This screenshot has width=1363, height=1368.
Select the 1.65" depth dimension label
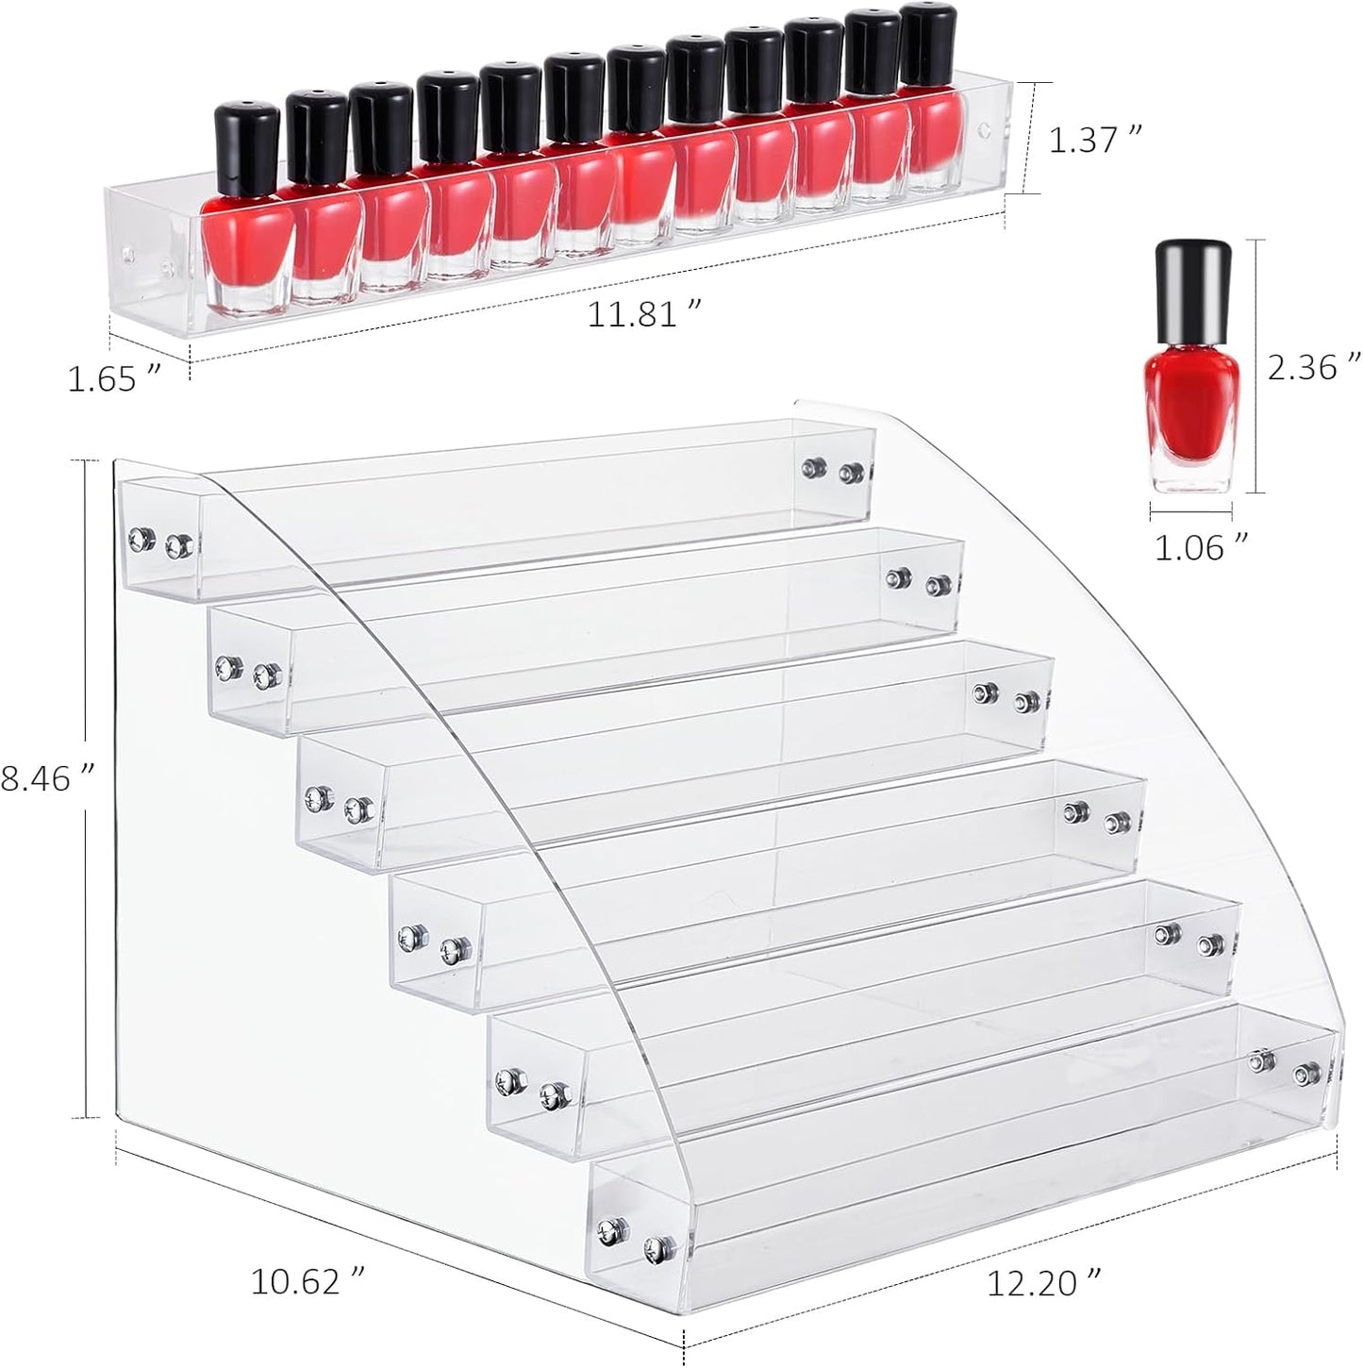coord(110,378)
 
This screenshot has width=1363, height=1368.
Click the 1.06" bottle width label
coord(1202,547)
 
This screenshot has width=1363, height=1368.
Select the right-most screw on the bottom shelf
coord(1305,1073)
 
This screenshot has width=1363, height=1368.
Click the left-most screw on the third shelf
coord(315,800)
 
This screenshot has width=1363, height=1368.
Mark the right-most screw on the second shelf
coord(937,585)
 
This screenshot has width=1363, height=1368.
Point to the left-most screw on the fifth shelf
coord(513,1078)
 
